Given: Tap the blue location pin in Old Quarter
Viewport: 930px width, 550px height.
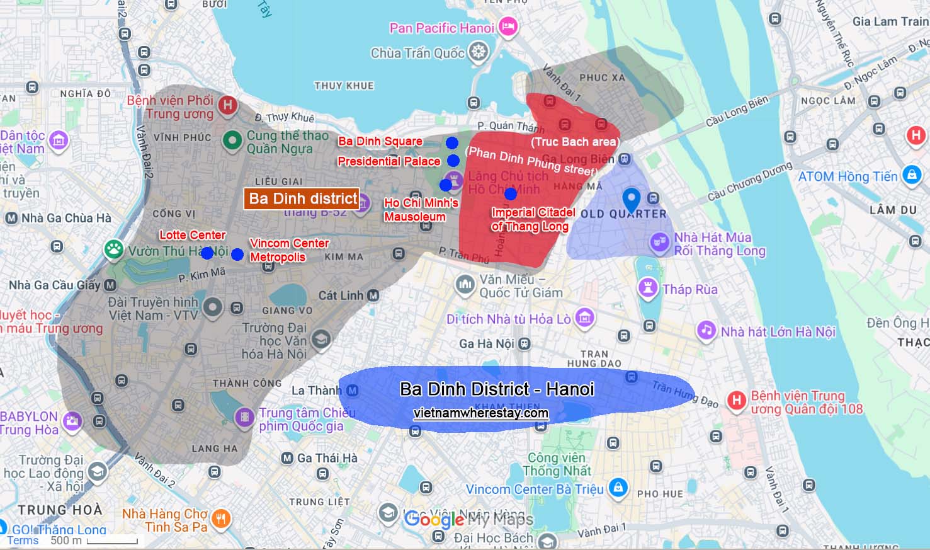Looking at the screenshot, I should (x=631, y=200).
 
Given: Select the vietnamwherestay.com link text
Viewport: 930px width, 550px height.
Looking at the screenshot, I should (x=480, y=413).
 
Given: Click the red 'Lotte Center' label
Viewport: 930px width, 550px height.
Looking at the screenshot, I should (x=192, y=235).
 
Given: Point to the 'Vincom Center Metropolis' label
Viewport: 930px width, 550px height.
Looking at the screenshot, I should (x=288, y=250).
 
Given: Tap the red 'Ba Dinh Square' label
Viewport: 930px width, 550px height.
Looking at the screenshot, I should (x=380, y=141).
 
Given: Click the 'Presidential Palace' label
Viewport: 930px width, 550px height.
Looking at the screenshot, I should (x=388, y=161).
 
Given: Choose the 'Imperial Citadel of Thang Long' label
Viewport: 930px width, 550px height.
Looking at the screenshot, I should (x=533, y=219).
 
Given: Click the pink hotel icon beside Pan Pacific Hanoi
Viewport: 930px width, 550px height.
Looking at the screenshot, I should (x=508, y=26).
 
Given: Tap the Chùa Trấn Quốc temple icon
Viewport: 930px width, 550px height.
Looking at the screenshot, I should (x=479, y=52).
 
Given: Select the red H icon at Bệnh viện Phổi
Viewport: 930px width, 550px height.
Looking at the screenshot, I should (x=227, y=105).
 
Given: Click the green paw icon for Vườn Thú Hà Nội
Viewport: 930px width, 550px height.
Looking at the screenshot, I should (x=114, y=249).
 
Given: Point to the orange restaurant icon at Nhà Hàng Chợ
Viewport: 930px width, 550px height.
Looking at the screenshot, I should (x=220, y=519).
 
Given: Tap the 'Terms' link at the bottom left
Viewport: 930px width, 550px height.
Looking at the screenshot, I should (x=23, y=541).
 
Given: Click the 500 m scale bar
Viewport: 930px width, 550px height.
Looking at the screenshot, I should (x=112, y=541).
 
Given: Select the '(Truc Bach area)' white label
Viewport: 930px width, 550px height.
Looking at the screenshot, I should (x=575, y=142).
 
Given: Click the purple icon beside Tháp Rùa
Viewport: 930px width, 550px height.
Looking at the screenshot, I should (x=647, y=289).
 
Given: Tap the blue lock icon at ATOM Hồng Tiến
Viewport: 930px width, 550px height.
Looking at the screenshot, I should (x=911, y=175).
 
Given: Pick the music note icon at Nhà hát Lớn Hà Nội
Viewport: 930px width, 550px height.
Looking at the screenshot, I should (x=706, y=330).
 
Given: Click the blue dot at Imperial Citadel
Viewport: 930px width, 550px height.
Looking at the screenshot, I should (x=511, y=193).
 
